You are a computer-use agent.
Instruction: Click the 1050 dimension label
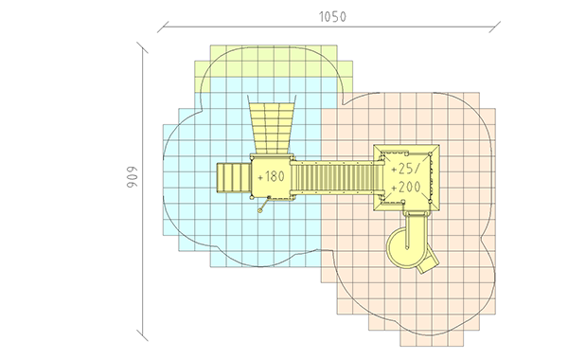[x=332, y=17]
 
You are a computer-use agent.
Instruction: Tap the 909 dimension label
[x=132, y=178]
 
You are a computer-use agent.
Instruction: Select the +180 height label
[x=271, y=177]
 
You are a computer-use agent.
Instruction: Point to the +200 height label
[x=406, y=188]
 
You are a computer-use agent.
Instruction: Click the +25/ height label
[x=406, y=169]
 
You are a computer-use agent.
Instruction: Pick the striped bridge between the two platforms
[x=337, y=178]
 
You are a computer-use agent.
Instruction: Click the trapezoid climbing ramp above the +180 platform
[x=272, y=124]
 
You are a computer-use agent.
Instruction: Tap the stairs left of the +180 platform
[x=234, y=178]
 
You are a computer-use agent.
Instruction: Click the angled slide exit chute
[x=428, y=262]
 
